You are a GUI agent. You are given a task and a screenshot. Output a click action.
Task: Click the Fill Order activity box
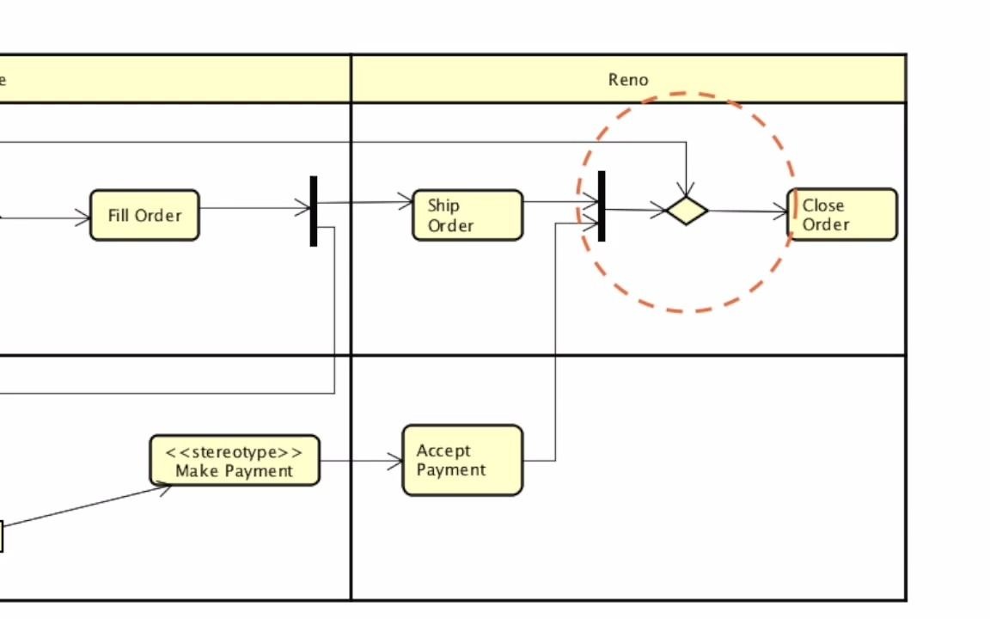[144, 215]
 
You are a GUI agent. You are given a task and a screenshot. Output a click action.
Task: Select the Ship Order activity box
[467, 215]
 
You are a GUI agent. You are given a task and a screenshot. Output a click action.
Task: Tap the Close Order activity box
[843, 215]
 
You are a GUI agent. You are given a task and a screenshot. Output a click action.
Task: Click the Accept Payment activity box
[462, 460]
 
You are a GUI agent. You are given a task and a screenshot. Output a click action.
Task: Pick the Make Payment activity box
[235, 461]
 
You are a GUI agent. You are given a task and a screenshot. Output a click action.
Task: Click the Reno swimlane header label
[628, 79]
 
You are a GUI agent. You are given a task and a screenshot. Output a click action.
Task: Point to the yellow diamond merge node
[687, 211]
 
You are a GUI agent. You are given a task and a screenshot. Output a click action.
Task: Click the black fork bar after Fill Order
[314, 211]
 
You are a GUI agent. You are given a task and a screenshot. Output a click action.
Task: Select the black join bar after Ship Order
[602, 206]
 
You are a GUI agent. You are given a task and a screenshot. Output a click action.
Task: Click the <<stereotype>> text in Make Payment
[235, 452]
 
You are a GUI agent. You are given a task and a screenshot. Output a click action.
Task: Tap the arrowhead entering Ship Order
[406, 203]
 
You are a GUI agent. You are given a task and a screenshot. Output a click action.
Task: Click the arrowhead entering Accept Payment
[396, 462]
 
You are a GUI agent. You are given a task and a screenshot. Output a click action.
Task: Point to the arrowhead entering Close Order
[781, 211]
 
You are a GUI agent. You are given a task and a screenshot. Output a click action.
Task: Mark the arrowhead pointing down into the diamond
[687, 189]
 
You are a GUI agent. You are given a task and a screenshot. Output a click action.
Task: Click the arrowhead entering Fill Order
[84, 218]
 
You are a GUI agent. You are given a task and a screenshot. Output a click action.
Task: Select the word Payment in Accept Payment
[451, 470]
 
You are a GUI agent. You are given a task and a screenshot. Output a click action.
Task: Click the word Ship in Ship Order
[443, 205]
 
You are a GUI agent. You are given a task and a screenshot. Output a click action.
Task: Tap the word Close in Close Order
[823, 205]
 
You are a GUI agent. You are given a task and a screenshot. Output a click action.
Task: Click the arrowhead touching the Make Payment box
[163, 488]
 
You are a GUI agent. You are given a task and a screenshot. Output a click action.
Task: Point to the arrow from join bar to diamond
[636, 210]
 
